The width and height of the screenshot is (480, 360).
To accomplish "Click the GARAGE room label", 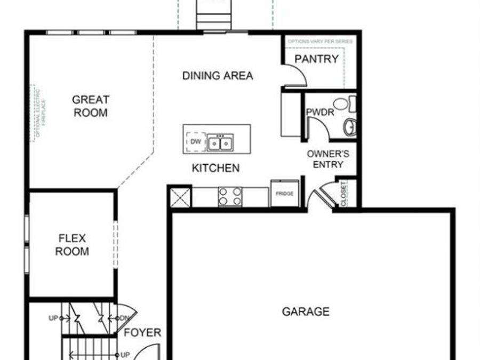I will click(x=306, y=311).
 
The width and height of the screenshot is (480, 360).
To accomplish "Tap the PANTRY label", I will click(x=316, y=59).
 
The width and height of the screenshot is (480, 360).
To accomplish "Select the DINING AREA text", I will click(x=218, y=76).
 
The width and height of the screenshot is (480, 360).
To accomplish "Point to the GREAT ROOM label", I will click(x=91, y=106).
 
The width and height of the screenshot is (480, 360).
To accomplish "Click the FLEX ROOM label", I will click(x=72, y=245).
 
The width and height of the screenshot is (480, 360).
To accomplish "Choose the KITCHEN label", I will click(x=215, y=168).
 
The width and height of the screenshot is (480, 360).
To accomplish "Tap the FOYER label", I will click(x=142, y=333).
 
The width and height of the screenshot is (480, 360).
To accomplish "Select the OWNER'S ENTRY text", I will click(x=328, y=159).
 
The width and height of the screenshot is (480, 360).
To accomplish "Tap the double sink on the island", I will click(x=220, y=143).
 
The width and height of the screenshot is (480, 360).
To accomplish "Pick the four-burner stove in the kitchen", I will click(x=230, y=196).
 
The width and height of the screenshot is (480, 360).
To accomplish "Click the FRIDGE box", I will click(x=284, y=194).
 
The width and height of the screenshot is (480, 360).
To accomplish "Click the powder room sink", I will click(x=350, y=126).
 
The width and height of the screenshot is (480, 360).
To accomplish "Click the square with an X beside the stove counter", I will click(x=180, y=196).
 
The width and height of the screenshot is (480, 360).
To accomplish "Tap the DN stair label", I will click(x=124, y=318).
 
